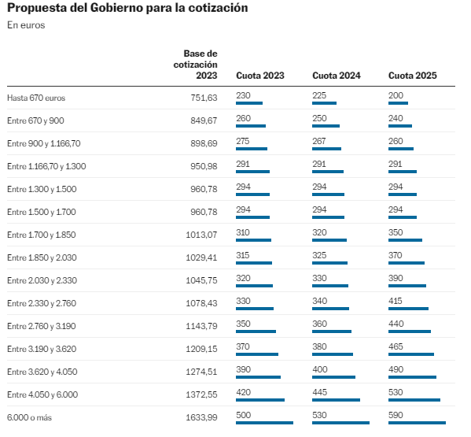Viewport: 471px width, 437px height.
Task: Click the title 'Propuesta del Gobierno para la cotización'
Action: (x=127, y=9)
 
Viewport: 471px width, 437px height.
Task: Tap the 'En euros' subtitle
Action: (x=26, y=26)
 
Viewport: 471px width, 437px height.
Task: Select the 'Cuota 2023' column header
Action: (x=259, y=76)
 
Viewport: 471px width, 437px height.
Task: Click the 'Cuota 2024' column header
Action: (x=337, y=76)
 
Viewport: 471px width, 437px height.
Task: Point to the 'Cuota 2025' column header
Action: (x=412, y=76)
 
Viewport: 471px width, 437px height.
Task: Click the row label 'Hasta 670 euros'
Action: (x=36, y=98)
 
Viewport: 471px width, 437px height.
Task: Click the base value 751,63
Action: (x=203, y=98)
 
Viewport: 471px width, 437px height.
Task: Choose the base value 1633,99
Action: (x=201, y=417)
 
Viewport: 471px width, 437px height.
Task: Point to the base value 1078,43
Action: (x=201, y=303)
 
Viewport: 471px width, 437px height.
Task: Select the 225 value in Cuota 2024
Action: (x=319, y=94)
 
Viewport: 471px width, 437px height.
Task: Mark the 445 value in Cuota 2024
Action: (x=320, y=391)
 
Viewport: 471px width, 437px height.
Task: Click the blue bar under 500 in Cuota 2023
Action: (x=264, y=423)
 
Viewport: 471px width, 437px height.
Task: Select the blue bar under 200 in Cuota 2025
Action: (x=399, y=103)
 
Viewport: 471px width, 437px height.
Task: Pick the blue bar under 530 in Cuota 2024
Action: (x=340, y=423)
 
